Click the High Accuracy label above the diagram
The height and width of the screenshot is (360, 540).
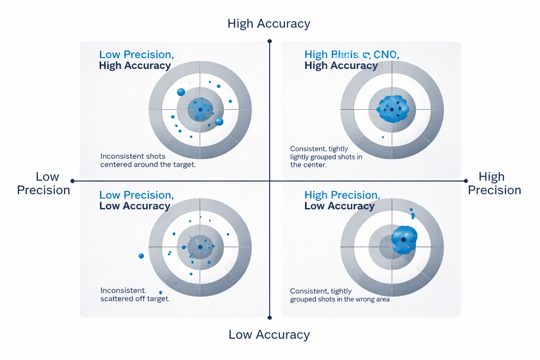click(x=269, y=23)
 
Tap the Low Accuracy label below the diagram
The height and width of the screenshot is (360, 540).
click(x=269, y=334)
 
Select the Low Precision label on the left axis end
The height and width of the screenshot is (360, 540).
click(x=43, y=183)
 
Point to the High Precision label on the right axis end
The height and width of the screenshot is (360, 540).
click(x=494, y=183)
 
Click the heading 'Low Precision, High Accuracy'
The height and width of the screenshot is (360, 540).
click(x=135, y=60)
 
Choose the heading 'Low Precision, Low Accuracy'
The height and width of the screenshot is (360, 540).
click(x=135, y=201)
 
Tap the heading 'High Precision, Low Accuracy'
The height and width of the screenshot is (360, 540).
click(x=341, y=201)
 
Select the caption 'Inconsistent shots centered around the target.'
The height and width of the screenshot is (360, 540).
click(x=147, y=160)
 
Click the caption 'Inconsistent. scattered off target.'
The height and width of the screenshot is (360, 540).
click(x=134, y=294)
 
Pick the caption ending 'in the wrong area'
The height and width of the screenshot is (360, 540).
click(x=339, y=295)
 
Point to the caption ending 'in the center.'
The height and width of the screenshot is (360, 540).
click(x=326, y=157)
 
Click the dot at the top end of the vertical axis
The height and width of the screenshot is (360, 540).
click(x=270, y=41)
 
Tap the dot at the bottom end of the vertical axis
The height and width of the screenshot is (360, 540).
click(x=270, y=316)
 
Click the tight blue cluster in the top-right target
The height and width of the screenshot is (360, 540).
click(x=393, y=109)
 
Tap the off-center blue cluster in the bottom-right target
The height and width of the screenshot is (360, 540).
click(x=405, y=239)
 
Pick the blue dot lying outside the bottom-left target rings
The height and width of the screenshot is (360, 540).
click(x=141, y=255)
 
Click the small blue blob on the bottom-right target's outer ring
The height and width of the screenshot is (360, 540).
click(x=411, y=213)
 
